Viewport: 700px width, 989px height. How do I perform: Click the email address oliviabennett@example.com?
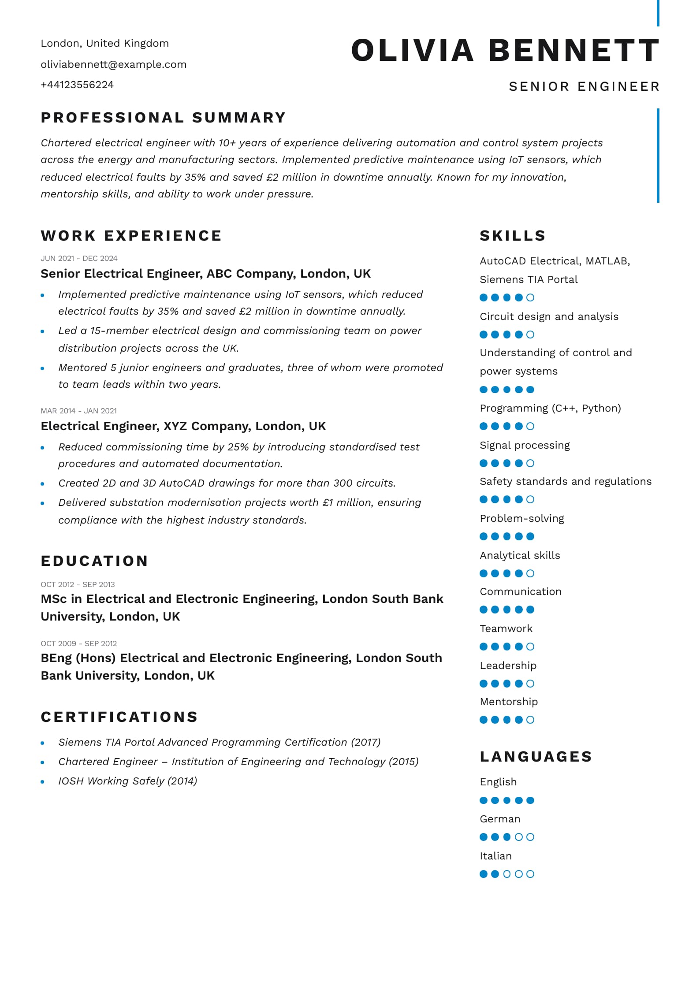pos(113,64)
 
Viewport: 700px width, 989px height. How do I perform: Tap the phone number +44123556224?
pos(77,85)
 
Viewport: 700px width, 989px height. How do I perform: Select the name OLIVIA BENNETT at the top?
pos(505,50)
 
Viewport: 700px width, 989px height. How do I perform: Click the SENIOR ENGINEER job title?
pos(584,86)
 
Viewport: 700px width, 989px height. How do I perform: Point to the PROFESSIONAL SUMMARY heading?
pos(164,118)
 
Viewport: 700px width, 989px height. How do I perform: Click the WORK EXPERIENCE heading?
pos(131,236)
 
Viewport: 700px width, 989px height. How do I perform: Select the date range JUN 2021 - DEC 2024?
pos(79,258)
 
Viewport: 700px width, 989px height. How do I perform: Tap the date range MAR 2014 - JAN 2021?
pos(78,411)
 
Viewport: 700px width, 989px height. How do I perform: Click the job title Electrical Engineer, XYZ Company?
pos(183,426)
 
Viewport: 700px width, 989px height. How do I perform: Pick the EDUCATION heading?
pos(94,561)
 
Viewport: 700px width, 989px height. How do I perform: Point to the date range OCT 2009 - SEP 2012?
pos(78,643)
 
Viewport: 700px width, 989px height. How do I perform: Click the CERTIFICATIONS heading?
pos(119,717)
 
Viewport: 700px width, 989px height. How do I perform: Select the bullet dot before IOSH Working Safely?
pos(42,782)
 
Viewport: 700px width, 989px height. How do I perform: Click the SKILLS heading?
pos(513,236)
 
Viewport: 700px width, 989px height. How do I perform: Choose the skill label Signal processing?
pos(525,445)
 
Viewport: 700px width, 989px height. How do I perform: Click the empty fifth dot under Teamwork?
pos(530,647)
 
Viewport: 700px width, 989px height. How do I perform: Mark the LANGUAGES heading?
pos(536,757)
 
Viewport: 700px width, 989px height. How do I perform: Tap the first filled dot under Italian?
pos(484,874)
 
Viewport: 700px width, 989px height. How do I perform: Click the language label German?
pos(500,819)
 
